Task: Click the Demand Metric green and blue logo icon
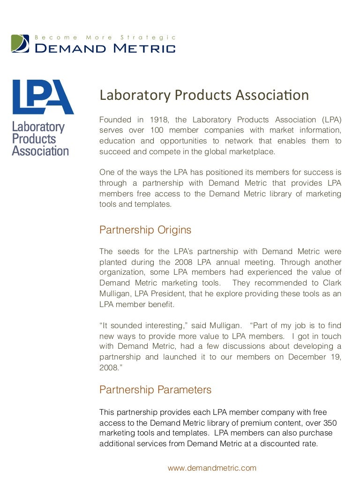(20, 43)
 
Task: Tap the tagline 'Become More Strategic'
(105, 37)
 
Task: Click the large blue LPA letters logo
(43, 97)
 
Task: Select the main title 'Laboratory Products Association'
(204, 95)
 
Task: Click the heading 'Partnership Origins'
(145, 230)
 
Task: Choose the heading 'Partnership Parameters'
(155, 390)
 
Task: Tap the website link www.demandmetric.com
(212, 468)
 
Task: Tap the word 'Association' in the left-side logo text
(40, 151)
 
